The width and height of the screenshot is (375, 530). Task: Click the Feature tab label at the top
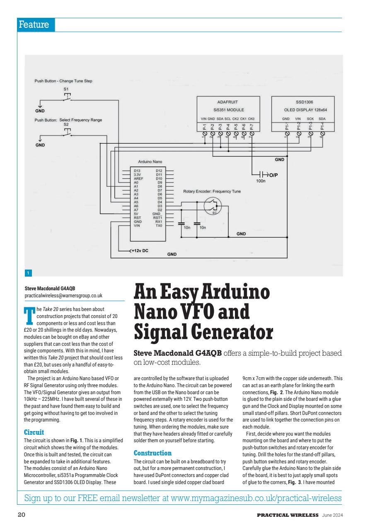[35, 25]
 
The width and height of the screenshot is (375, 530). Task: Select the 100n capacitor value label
[261, 181]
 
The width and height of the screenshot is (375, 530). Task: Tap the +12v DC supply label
[140, 251]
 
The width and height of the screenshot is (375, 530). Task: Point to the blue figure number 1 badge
[28, 273]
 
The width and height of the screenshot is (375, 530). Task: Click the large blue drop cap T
[29, 314]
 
